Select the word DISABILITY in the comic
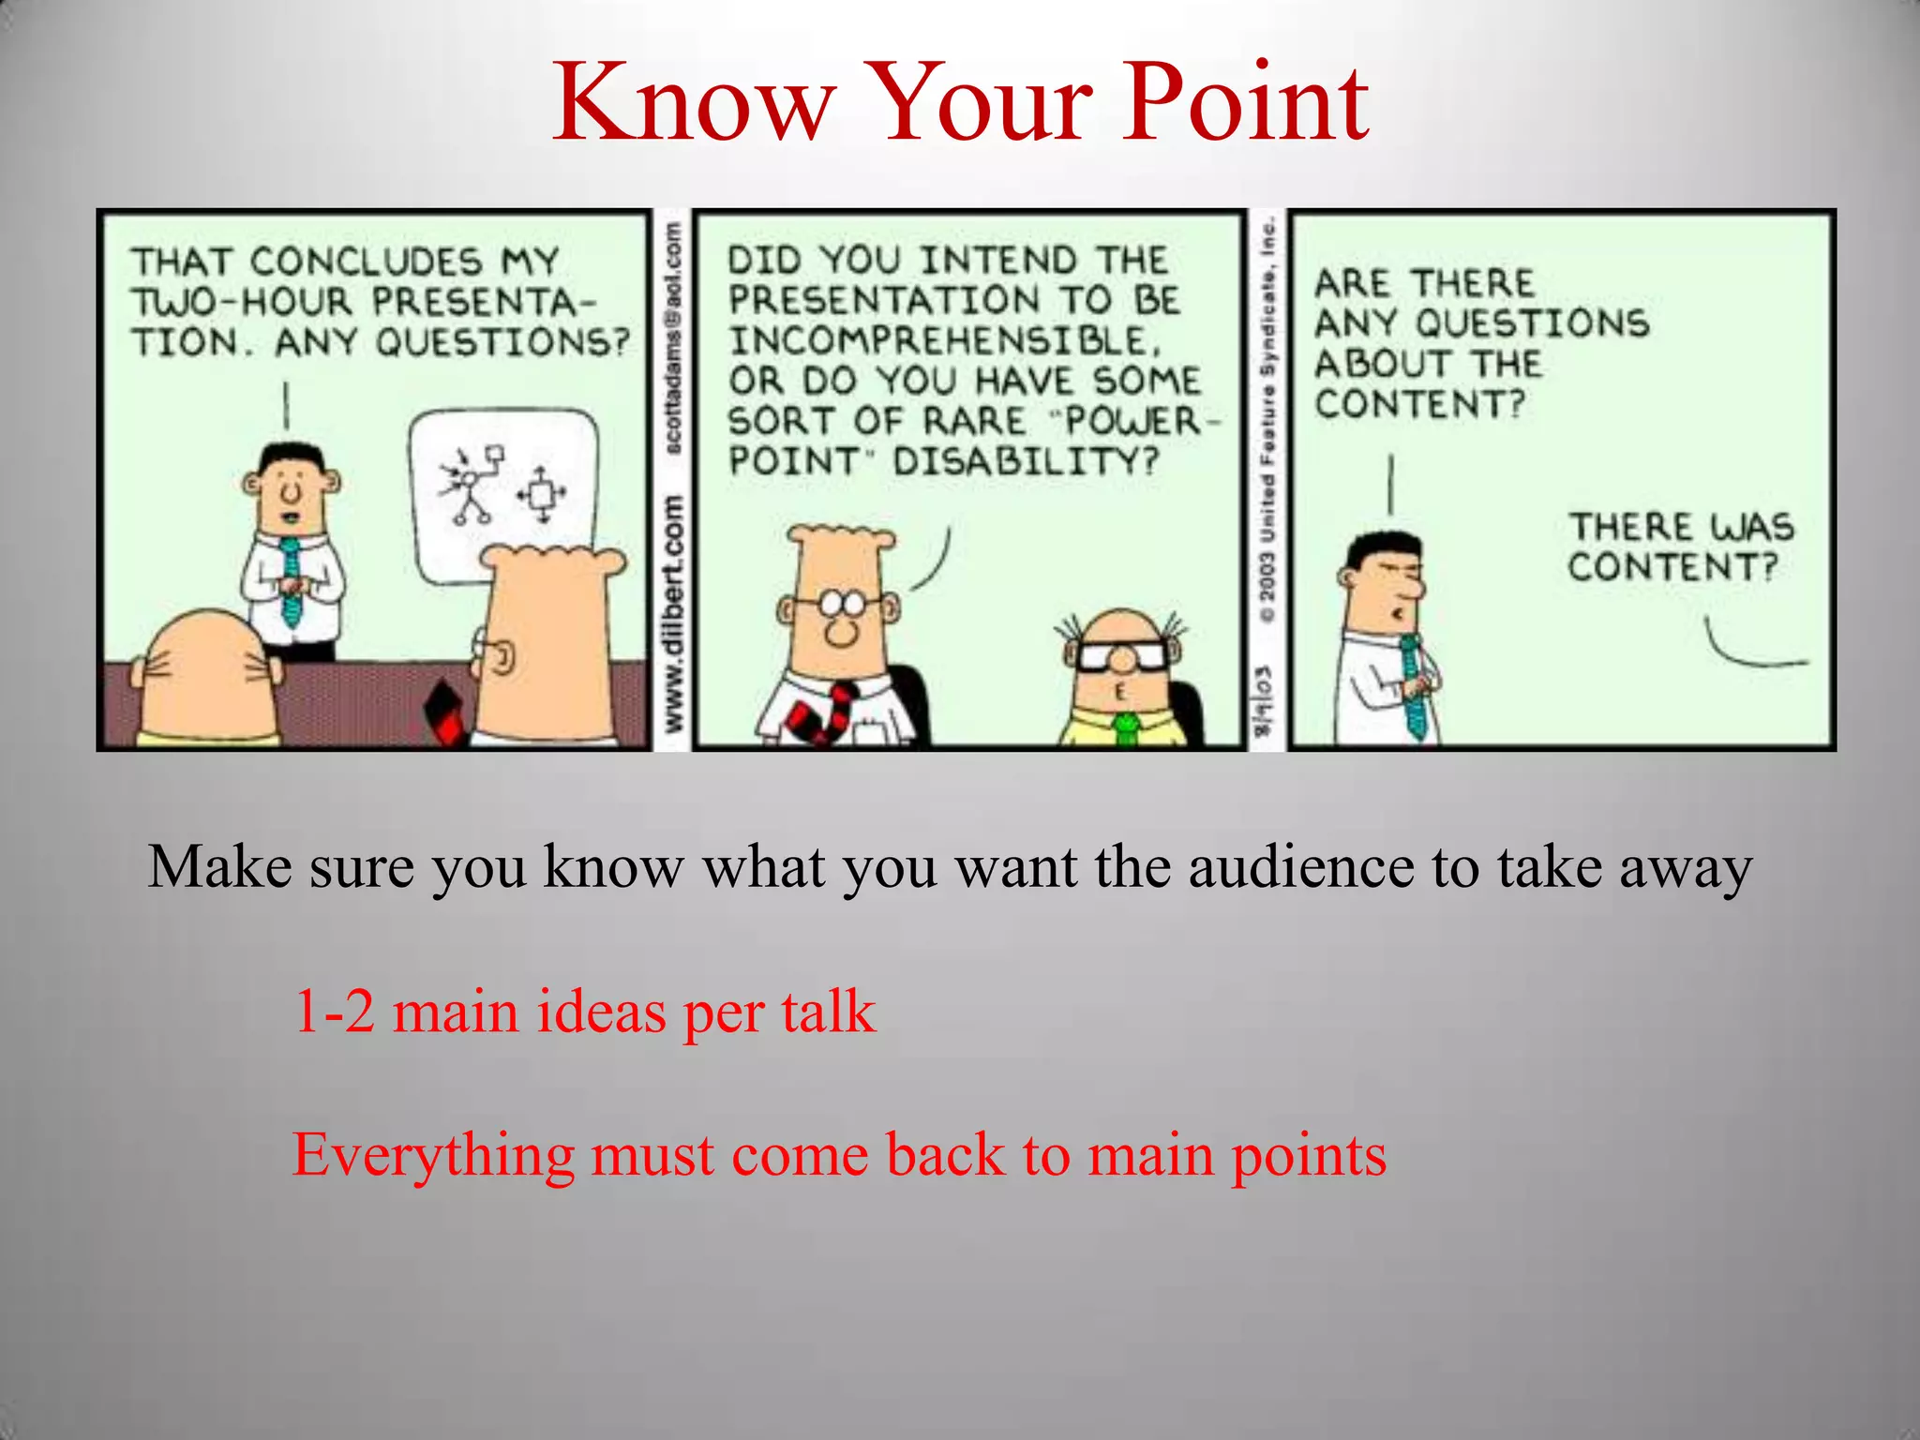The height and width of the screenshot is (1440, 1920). pos(1026,461)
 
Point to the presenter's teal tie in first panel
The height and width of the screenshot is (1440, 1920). pos(292,581)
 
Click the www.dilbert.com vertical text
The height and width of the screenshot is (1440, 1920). pos(672,614)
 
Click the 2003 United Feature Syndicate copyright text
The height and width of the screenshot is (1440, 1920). pos(1267,422)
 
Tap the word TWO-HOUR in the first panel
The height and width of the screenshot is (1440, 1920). pos(242,302)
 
